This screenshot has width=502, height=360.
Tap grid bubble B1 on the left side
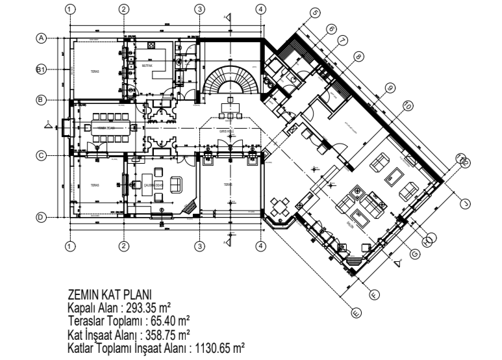[41, 69]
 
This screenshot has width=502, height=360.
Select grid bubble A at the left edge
[41, 38]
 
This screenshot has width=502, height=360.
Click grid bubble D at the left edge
[41, 217]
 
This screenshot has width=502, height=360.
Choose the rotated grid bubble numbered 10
[407, 105]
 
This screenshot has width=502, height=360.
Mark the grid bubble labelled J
[464, 203]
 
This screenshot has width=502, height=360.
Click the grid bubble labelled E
[355, 313]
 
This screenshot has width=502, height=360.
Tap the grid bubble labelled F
[373, 294]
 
